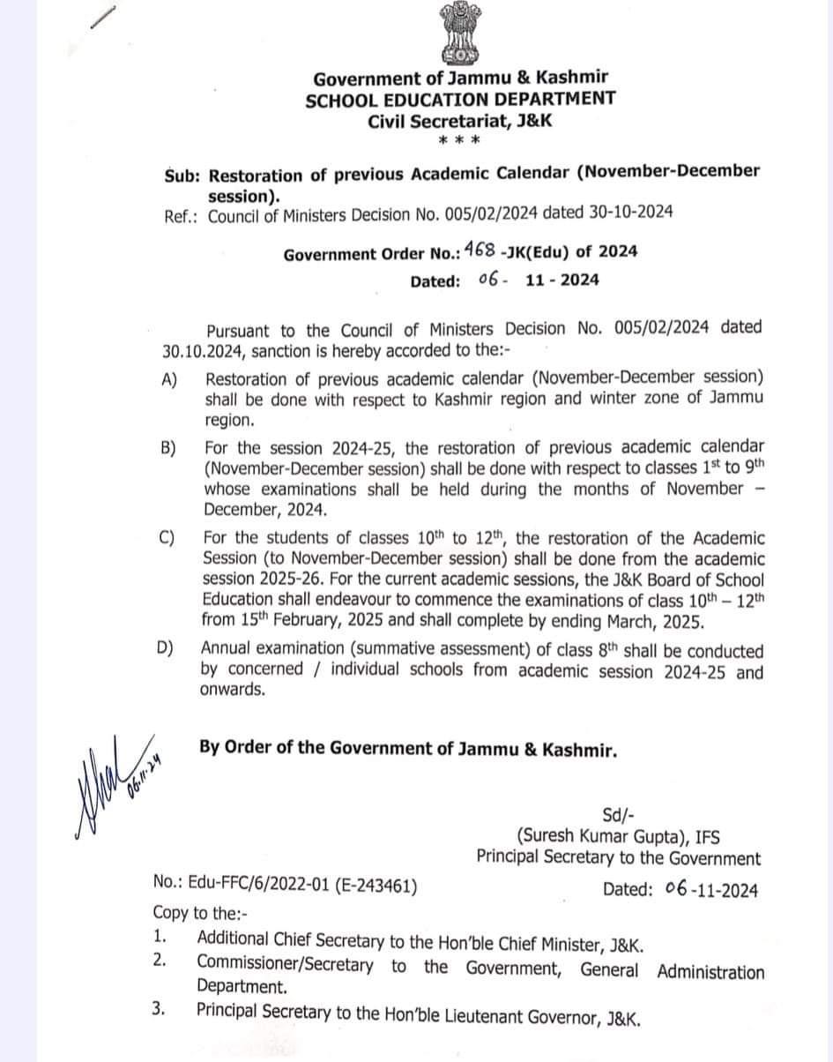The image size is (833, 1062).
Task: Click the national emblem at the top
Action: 459,33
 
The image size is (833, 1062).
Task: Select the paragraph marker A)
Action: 169,380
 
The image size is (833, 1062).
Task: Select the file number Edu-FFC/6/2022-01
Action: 248,887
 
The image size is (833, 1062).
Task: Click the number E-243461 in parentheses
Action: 376,887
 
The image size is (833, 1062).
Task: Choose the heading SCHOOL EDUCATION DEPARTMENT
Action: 460,99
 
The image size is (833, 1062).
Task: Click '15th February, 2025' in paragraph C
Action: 313,621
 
